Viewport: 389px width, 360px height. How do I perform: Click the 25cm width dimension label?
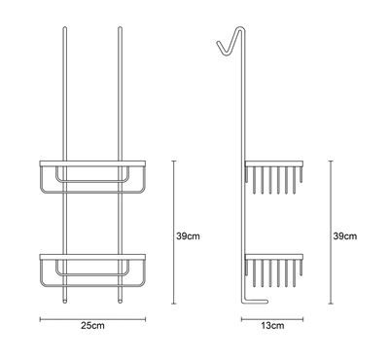pos(92,325)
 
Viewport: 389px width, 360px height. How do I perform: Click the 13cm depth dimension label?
pos(272,325)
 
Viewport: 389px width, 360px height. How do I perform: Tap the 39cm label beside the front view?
pos(188,236)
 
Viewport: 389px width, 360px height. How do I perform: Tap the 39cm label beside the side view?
pos(345,236)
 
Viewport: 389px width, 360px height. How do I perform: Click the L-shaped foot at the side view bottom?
pos(255,302)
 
